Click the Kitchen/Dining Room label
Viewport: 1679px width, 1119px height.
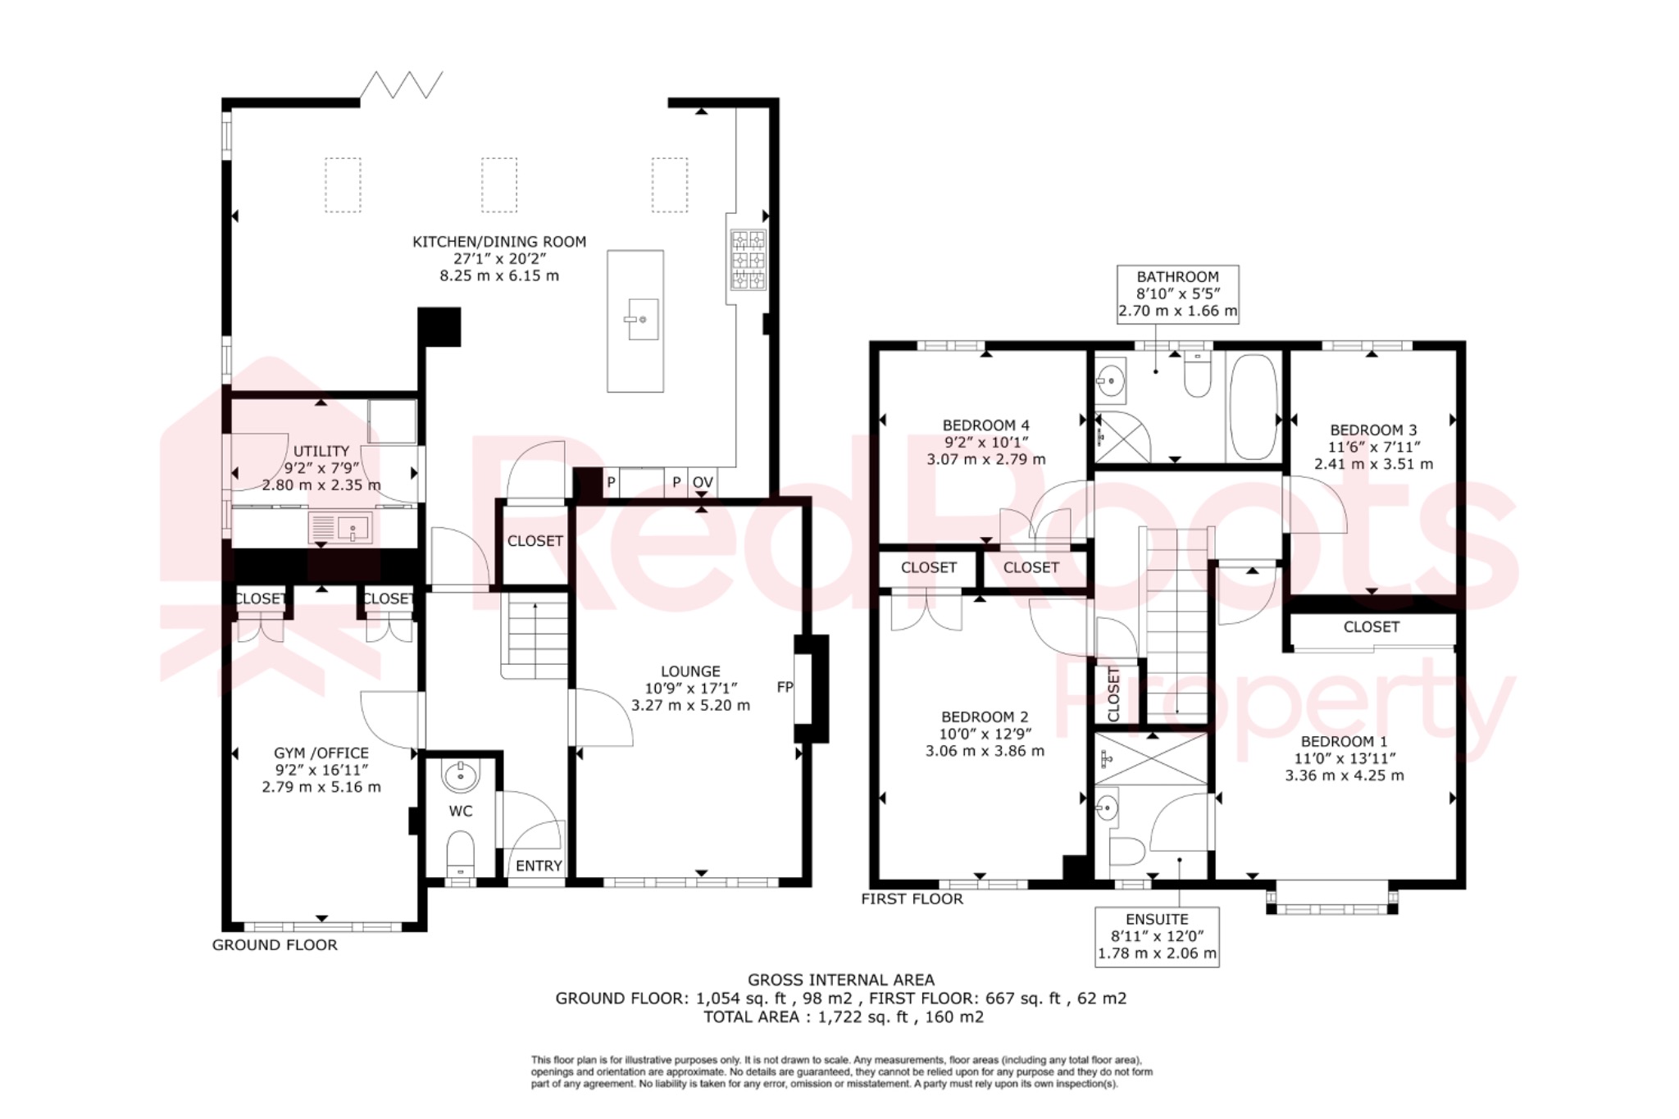pyautogui.click(x=498, y=242)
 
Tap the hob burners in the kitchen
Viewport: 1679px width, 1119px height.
pyautogui.click(x=748, y=260)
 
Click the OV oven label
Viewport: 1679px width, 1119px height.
pyautogui.click(x=703, y=483)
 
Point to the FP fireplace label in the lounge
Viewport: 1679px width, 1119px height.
pyautogui.click(x=785, y=687)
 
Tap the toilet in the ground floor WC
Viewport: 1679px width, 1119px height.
pyautogui.click(x=460, y=854)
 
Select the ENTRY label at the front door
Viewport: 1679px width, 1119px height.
pyautogui.click(x=539, y=866)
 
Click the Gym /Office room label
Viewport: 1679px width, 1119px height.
pyautogui.click(x=321, y=753)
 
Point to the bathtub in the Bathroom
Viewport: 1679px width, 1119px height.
pyautogui.click(x=1254, y=407)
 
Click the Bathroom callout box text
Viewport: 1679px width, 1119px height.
pyautogui.click(x=1178, y=294)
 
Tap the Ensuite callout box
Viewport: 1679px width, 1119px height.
pyautogui.click(x=1157, y=937)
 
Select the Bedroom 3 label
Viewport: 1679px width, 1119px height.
pyautogui.click(x=1373, y=430)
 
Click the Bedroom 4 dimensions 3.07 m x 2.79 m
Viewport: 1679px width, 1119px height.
pyautogui.click(x=985, y=459)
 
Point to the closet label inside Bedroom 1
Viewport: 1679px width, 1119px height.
pyautogui.click(x=1371, y=627)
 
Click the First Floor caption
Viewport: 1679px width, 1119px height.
pyautogui.click(x=912, y=899)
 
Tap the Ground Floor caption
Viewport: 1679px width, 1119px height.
pyautogui.click(x=275, y=945)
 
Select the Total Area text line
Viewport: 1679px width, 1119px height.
pyautogui.click(x=843, y=1017)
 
